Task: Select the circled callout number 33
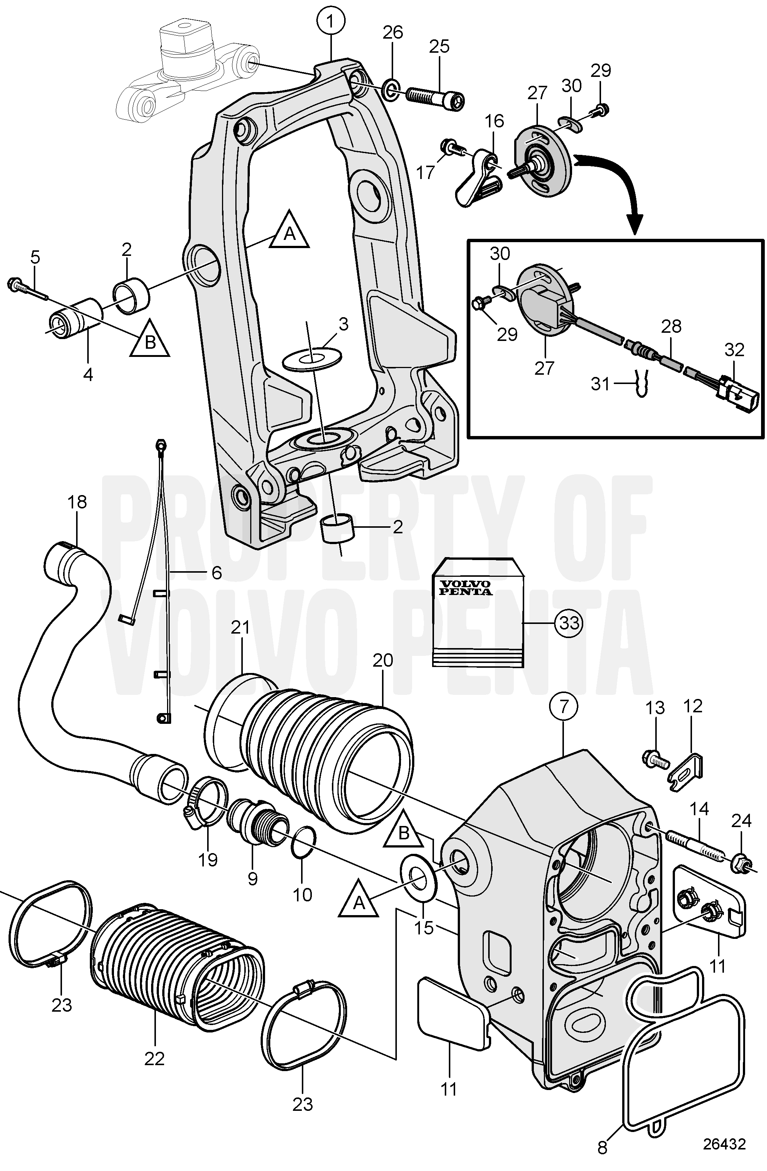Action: [x=569, y=623]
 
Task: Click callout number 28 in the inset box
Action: [x=671, y=326]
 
